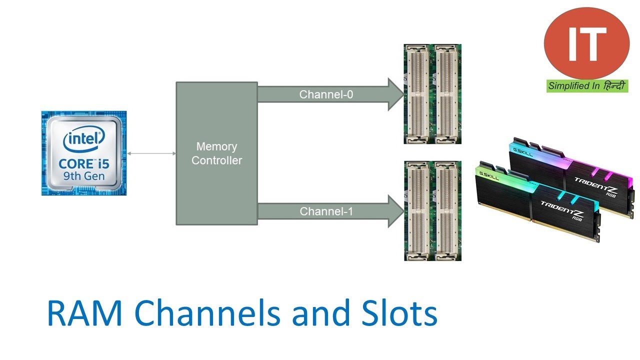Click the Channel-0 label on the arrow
326,94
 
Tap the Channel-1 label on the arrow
326,211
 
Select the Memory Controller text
216,153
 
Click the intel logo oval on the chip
84,139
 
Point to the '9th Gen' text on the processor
84,176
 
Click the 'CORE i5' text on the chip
84,163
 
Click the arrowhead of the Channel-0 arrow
395,94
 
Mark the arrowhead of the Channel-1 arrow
395,211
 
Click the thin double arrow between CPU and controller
151,153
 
